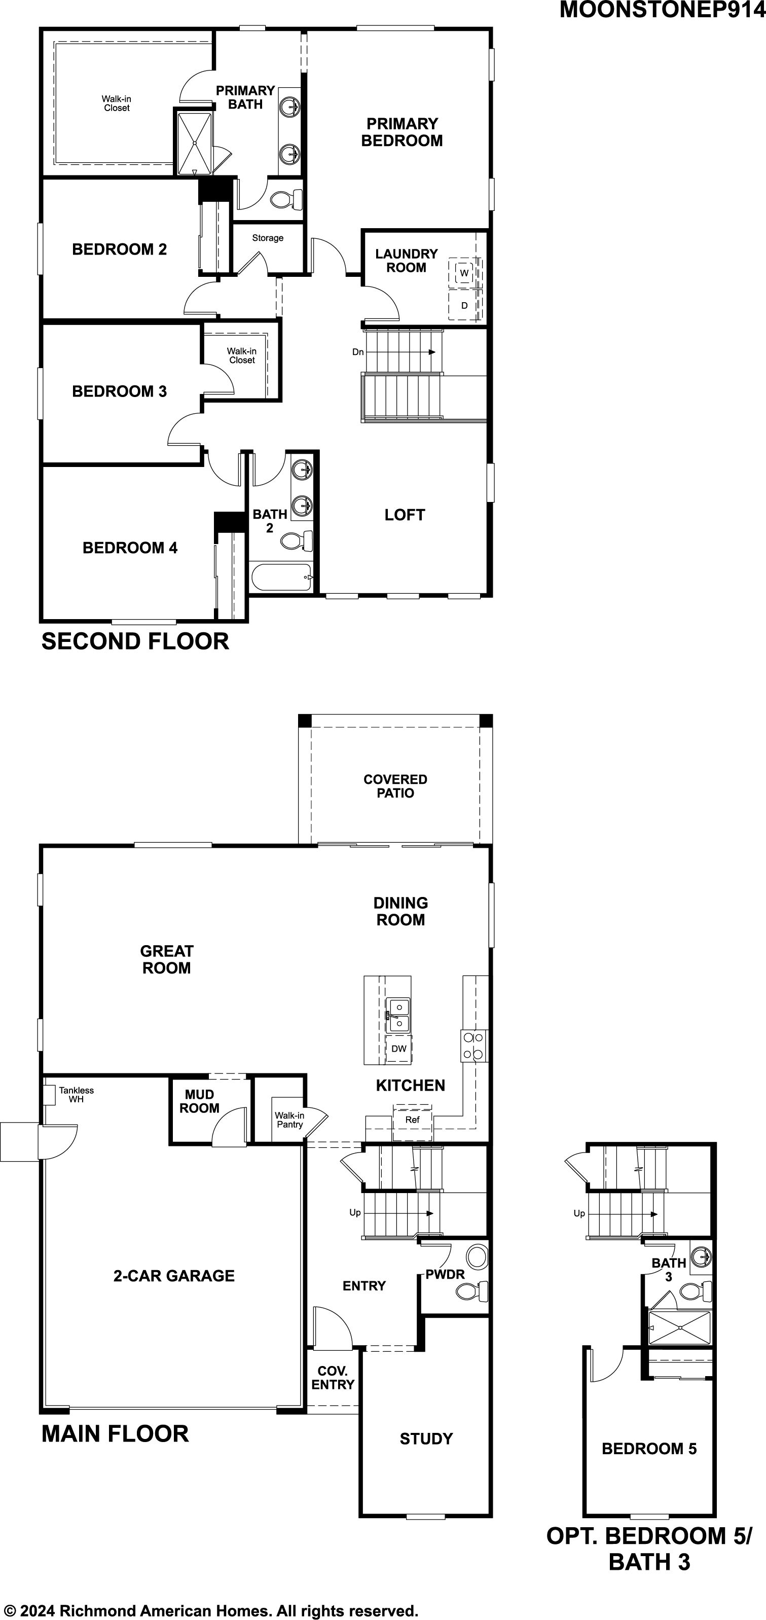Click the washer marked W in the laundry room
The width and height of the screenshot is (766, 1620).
coord(464,272)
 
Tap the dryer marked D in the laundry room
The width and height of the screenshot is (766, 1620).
coord(464,305)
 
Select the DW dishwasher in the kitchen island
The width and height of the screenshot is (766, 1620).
coord(399,1049)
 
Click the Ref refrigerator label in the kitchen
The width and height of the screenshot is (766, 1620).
coord(413,1120)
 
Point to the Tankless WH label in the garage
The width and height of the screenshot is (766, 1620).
coord(77,1094)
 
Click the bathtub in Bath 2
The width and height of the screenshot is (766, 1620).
coord(281,577)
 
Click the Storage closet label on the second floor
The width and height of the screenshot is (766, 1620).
coord(268,238)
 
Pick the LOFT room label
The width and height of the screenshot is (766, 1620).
coord(405,515)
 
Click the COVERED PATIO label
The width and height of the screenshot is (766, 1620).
coord(395,786)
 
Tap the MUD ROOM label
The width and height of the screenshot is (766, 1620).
coord(199,1101)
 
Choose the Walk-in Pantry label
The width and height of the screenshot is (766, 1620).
coord(289,1120)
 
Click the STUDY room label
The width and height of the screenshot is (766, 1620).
coord(426,1439)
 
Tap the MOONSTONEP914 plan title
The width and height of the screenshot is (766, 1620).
coord(662,10)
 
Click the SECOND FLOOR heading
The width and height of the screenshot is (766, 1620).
coord(135,641)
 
